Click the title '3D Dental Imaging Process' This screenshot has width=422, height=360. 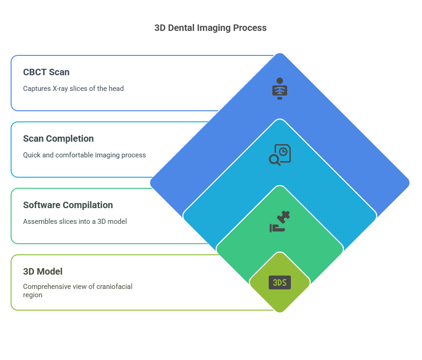point(210,28)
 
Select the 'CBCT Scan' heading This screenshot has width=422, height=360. point(46,72)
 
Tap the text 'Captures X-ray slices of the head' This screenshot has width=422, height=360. point(73,88)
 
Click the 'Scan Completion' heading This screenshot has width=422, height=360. point(58,138)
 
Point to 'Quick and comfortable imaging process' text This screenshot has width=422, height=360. point(84,155)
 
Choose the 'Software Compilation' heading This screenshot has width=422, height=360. point(68,205)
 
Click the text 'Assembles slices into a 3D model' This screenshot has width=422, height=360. point(75,221)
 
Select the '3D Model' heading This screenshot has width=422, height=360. point(43,271)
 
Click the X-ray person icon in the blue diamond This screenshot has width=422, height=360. point(279,89)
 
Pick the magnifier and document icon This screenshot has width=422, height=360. point(280,155)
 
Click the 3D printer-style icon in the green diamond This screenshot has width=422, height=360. point(280,222)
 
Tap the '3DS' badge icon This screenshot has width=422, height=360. point(280,282)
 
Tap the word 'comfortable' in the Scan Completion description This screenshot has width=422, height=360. point(76,155)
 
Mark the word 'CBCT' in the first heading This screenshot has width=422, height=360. point(35,72)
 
